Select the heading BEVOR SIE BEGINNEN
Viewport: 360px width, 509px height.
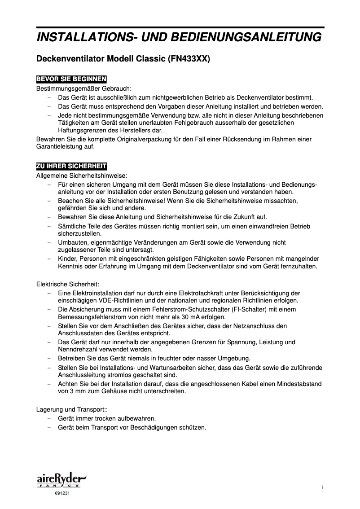click(71, 80)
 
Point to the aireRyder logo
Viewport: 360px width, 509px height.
click(61, 480)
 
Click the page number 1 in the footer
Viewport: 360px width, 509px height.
click(322, 488)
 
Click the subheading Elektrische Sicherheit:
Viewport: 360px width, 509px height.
click(67, 284)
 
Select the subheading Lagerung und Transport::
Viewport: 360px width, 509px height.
click(71, 409)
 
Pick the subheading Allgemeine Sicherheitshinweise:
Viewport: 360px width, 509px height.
click(81, 175)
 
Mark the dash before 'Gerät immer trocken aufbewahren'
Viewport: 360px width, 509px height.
click(49, 418)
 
